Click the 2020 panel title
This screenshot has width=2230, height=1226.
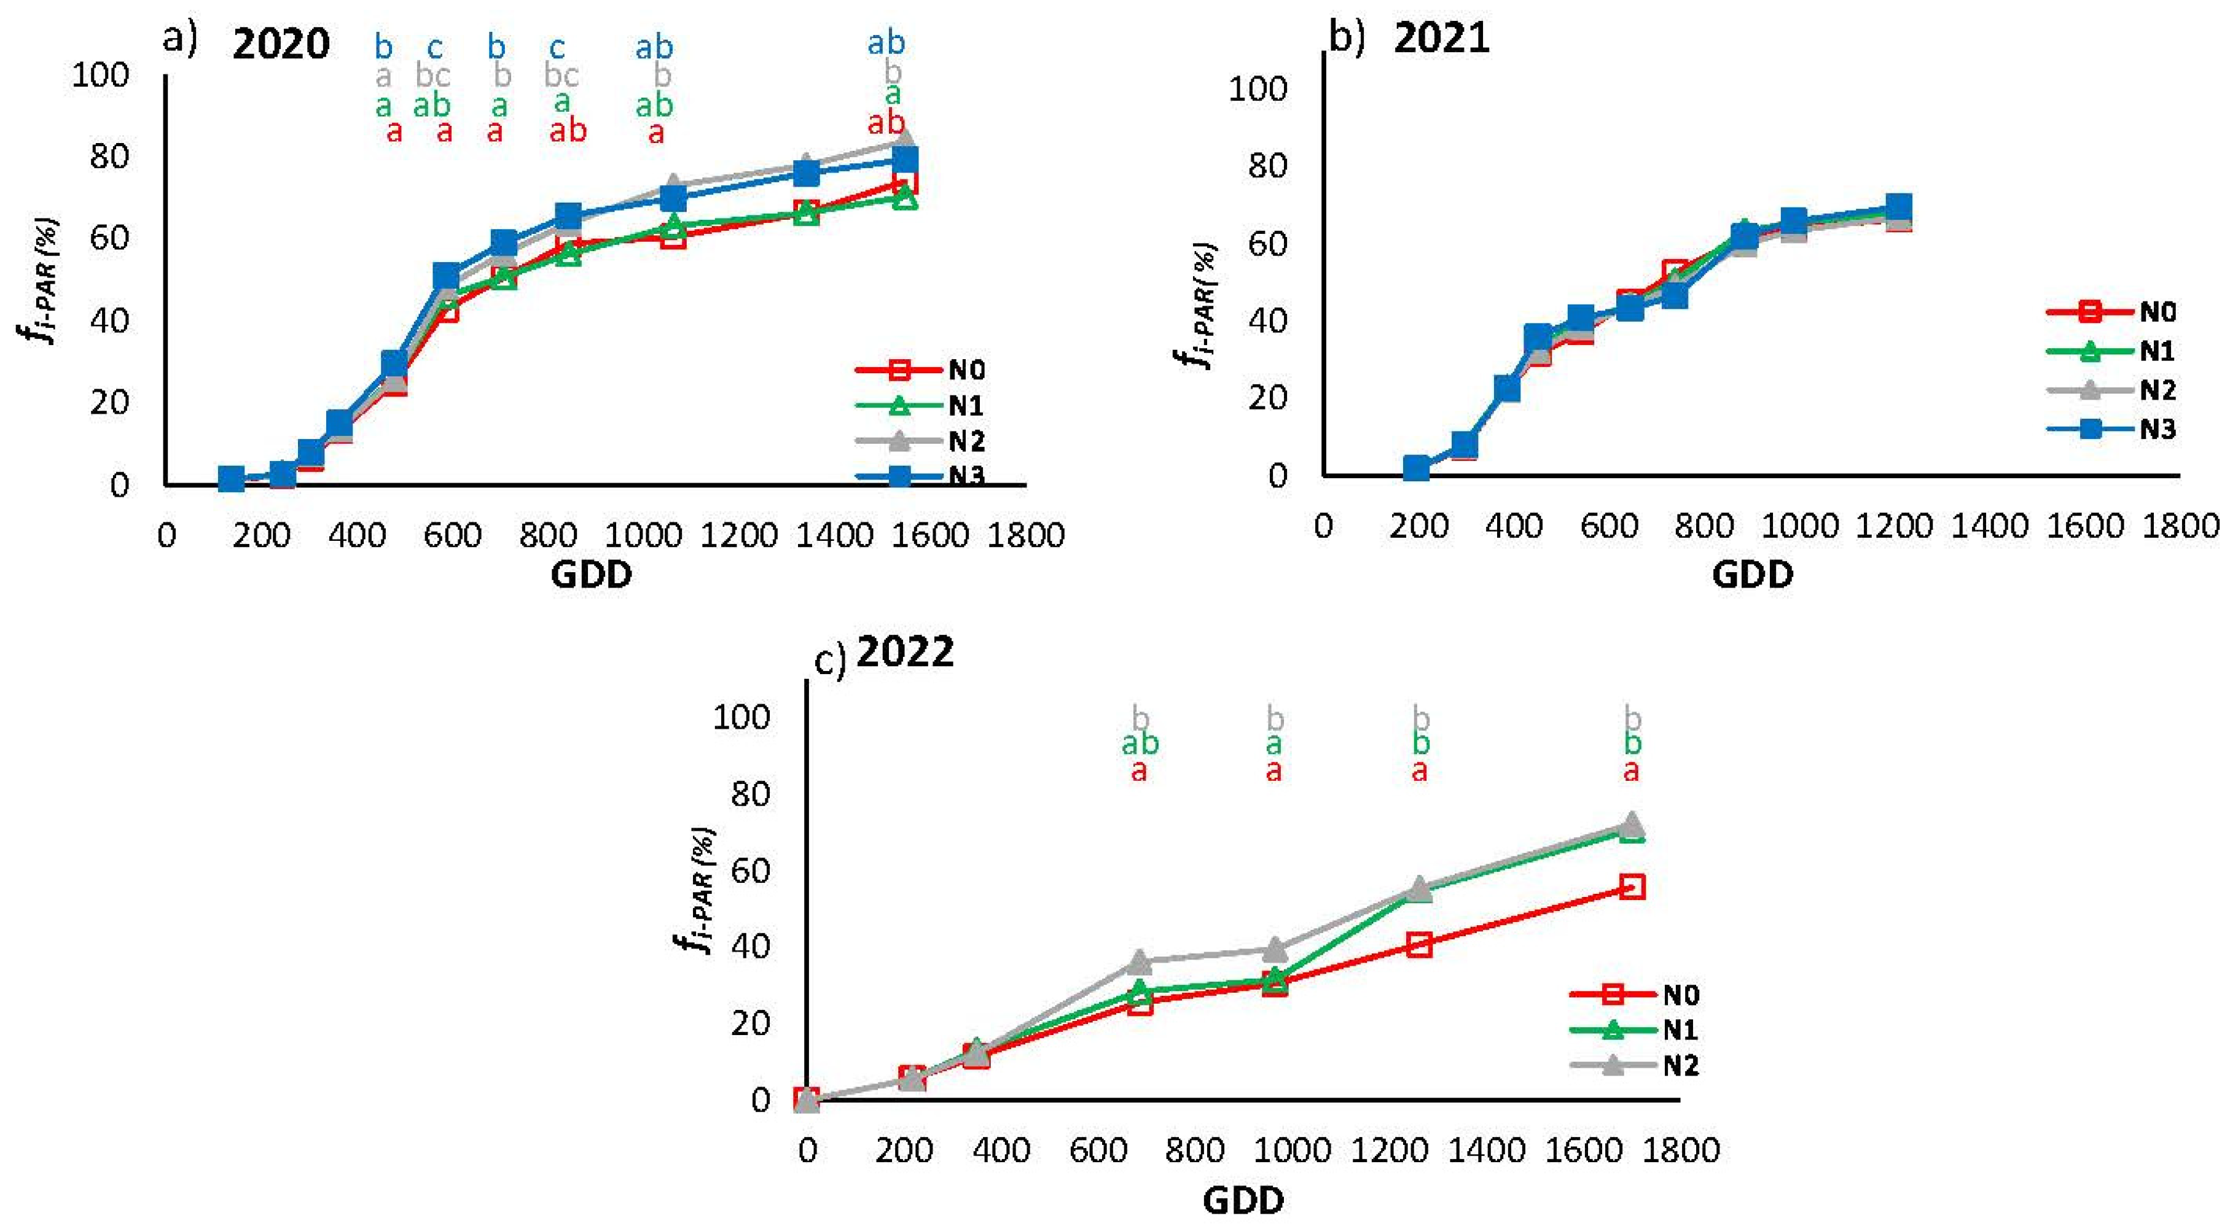(x=281, y=43)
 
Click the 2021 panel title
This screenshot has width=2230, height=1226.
(x=1441, y=38)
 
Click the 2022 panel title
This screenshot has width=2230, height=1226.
(x=905, y=651)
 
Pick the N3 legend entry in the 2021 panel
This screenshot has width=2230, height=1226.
(x=2111, y=429)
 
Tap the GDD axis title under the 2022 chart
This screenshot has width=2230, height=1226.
(x=1243, y=1200)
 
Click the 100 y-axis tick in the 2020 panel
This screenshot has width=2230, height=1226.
(x=100, y=76)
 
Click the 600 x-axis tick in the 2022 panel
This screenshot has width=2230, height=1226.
(x=1098, y=1150)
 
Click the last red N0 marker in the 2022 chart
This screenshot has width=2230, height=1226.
(x=1632, y=887)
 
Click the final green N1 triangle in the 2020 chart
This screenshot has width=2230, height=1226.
(x=905, y=198)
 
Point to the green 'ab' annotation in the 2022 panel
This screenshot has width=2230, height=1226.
(x=1140, y=743)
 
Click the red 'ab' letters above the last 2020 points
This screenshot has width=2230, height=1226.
(x=886, y=124)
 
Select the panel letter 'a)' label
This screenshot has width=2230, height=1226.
(x=180, y=38)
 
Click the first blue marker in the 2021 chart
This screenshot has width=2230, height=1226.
(x=1416, y=468)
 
